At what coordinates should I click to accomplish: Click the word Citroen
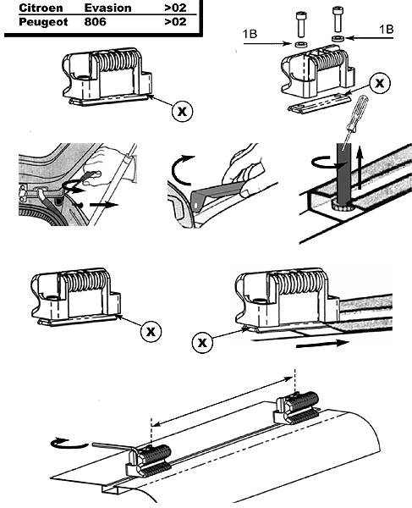pyautogui.click(x=41, y=8)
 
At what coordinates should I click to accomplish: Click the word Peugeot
pyautogui.click(x=43, y=22)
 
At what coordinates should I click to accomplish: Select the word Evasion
pyautogui.click(x=107, y=8)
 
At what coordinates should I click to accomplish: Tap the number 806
pyautogui.click(x=95, y=22)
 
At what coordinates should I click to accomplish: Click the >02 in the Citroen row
pyautogui.click(x=175, y=8)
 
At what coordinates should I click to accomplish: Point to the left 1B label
pyautogui.click(x=250, y=34)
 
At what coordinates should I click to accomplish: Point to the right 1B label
pyautogui.click(x=387, y=29)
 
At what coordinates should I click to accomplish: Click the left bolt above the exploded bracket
pyautogui.click(x=300, y=25)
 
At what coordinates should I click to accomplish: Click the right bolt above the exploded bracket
pyautogui.click(x=338, y=19)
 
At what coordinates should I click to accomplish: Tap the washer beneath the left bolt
pyautogui.click(x=300, y=44)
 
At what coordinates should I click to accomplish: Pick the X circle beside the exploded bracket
pyautogui.click(x=380, y=83)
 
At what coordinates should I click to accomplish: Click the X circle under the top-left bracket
pyautogui.click(x=182, y=111)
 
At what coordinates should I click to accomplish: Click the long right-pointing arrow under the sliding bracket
pyautogui.click(x=322, y=344)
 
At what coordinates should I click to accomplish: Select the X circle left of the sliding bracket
pyautogui.click(x=202, y=342)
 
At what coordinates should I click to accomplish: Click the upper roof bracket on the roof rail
pyautogui.click(x=297, y=407)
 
